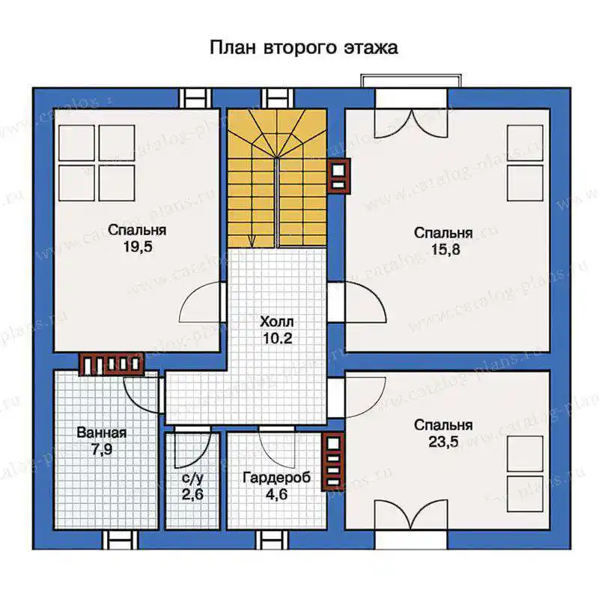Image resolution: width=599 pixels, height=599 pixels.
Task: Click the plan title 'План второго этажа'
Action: pos(304,48)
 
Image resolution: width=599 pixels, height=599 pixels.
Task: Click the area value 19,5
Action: pos(138,247)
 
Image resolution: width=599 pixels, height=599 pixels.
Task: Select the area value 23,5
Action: pos(443,442)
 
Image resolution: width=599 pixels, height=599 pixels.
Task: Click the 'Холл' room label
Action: pos(277,322)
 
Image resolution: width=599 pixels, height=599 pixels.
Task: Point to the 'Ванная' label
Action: pos(102,433)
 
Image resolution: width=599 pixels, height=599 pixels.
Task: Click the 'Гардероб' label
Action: pos(277,478)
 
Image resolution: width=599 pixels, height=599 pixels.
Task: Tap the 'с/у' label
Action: pos(192,478)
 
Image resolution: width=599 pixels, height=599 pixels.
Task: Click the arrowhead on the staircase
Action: pos(252,240)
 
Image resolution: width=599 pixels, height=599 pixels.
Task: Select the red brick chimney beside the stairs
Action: pos(339,176)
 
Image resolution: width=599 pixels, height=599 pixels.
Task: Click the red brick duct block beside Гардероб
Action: pos(333,462)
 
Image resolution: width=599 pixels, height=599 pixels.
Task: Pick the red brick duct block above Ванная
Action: pos(111,364)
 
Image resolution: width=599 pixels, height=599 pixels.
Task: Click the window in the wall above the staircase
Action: pos(277,98)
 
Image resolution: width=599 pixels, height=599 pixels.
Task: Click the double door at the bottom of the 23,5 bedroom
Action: pos(410,516)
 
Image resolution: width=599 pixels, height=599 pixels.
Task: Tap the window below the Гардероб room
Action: pos(273,540)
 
